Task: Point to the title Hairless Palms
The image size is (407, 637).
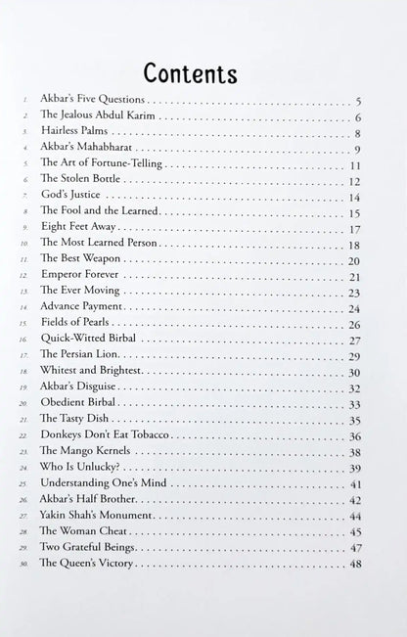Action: click(77, 133)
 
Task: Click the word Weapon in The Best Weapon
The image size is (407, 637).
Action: click(108, 260)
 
